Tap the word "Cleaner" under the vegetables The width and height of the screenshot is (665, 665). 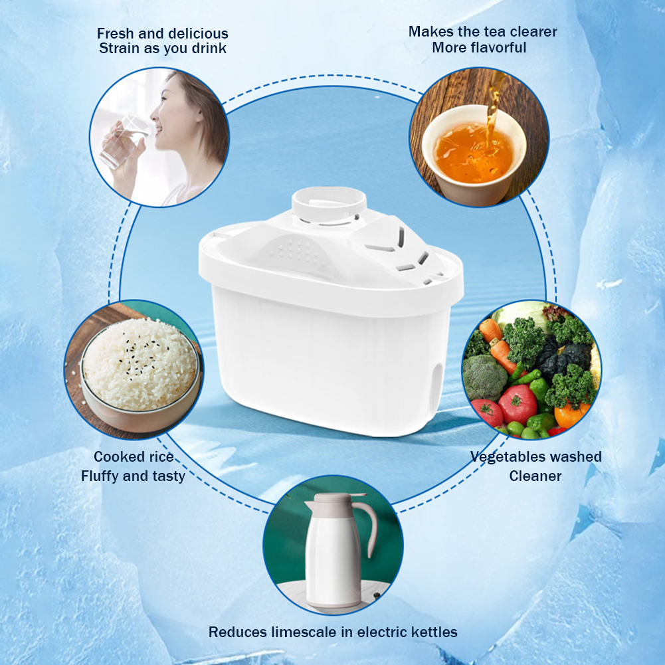tap(535, 476)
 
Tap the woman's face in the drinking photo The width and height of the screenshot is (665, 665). tap(174, 103)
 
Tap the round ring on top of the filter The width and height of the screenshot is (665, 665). tap(329, 200)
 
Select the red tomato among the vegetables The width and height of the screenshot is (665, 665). tap(518, 404)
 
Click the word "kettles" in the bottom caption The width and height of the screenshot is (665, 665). tap(431, 632)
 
